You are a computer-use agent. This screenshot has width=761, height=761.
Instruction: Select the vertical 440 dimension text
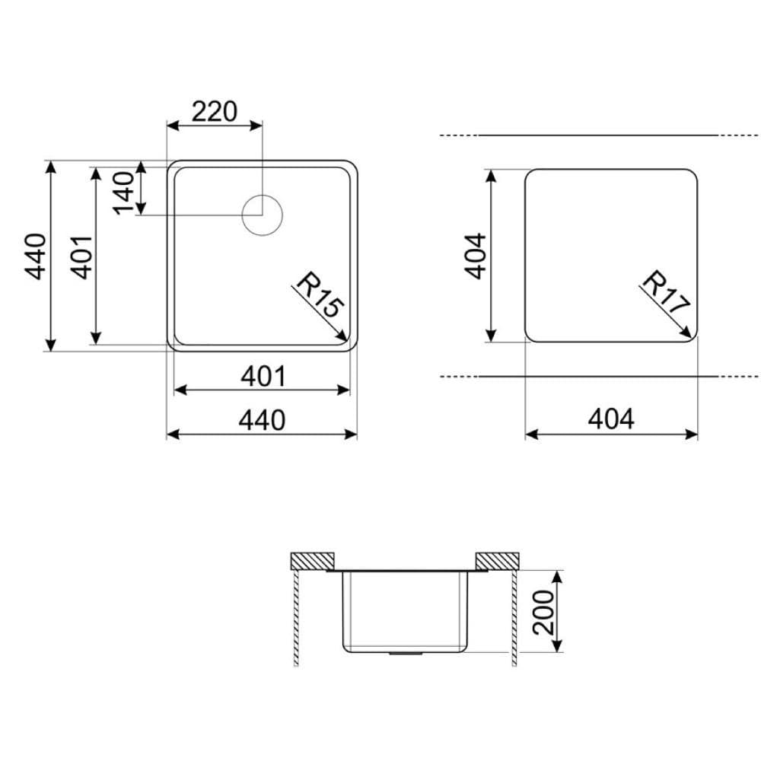point(36,256)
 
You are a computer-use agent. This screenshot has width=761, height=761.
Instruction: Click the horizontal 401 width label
point(263,376)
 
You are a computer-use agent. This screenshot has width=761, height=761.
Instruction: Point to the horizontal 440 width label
point(263,419)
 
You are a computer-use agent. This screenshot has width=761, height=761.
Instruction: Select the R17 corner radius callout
point(665,294)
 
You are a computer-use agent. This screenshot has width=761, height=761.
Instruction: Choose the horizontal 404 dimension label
point(611,419)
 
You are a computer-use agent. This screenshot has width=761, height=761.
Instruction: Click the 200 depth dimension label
point(543,611)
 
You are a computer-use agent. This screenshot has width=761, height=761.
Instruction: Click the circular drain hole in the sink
point(262,215)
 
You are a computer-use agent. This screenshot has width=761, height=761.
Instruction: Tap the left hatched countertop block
point(311,561)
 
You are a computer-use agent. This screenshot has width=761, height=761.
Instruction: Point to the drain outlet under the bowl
point(403,653)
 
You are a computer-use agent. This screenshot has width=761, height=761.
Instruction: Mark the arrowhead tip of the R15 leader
point(348,340)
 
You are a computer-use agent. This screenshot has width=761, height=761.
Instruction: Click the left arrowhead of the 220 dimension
point(169,124)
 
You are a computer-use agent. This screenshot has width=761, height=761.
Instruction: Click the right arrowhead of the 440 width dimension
point(355,434)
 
